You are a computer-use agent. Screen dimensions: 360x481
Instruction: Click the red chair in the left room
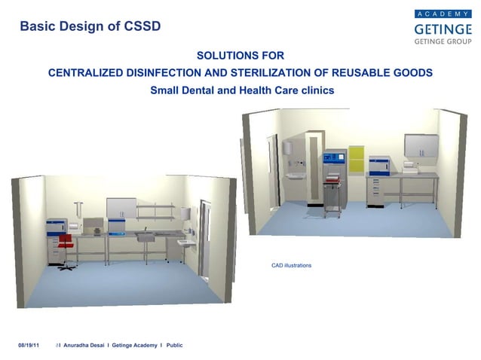tap(66, 243)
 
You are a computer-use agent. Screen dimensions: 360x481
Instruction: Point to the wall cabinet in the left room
tap(121, 209)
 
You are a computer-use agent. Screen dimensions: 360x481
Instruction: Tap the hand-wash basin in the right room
tap(294, 176)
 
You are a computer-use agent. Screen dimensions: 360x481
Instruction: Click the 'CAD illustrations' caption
tap(291, 266)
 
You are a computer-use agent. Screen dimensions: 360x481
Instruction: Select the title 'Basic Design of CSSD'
tap(90, 26)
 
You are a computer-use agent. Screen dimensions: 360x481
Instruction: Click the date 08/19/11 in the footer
tap(29, 345)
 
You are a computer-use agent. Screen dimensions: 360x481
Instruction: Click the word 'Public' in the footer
tap(174, 345)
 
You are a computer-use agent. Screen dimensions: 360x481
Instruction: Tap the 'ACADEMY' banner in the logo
tap(443, 14)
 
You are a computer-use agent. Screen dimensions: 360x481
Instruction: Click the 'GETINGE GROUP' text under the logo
tap(443, 42)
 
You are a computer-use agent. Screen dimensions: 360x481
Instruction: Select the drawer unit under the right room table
tap(375, 192)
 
